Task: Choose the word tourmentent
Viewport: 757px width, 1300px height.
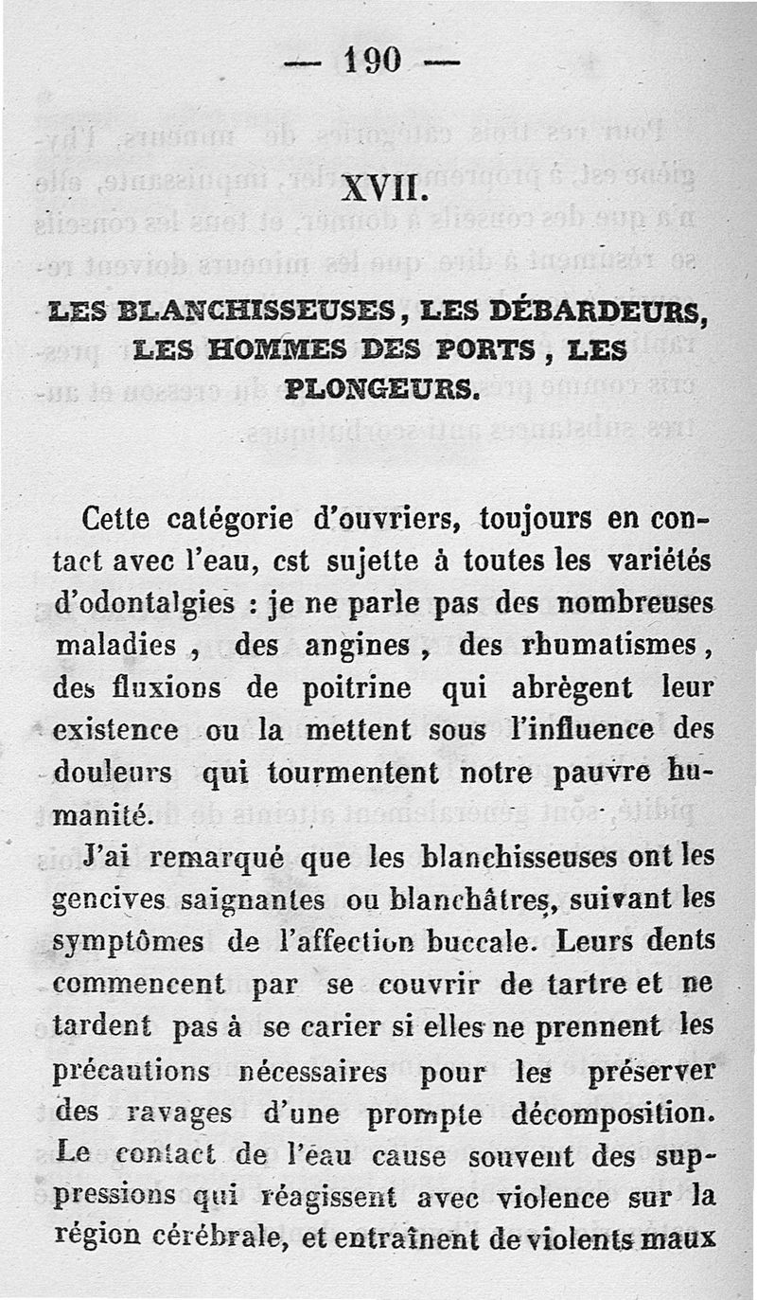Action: [353, 773]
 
